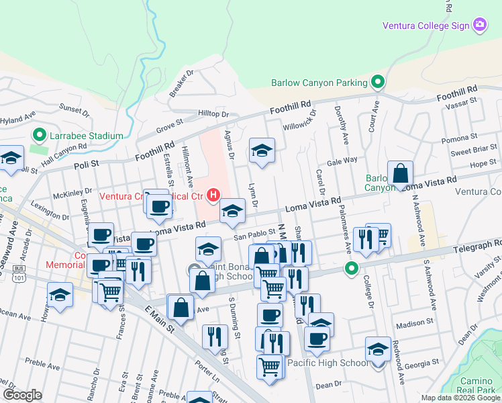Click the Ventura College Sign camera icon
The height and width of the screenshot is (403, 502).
(x=480, y=26)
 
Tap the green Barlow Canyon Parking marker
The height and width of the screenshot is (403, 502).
(x=378, y=83)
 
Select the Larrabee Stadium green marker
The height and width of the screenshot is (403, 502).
(x=38, y=136)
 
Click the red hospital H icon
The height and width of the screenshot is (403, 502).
(x=213, y=195)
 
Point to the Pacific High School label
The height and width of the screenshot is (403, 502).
(x=328, y=363)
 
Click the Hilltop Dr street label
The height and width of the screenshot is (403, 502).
(x=213, y=114)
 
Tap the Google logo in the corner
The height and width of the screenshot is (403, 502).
(x=22, y=395)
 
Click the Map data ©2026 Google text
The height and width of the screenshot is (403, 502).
(x=460, y=398)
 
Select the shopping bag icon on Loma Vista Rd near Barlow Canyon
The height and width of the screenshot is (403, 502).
(x=400, y=174)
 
